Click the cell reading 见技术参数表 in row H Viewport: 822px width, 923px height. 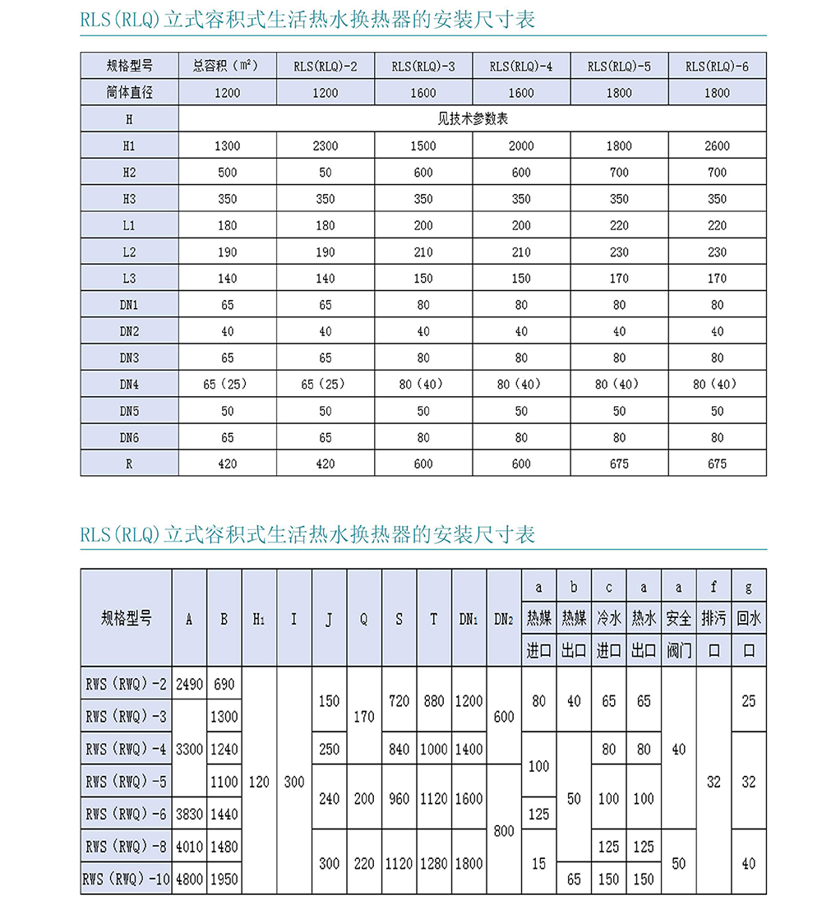[x=473, y=119]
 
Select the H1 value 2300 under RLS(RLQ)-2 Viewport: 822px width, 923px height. [x=326, y=146]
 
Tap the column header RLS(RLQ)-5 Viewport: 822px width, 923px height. [x=619, y=67]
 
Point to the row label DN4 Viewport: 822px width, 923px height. [x=129, y=384]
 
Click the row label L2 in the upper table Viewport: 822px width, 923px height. [x=129, y=252]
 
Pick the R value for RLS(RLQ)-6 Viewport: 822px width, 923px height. [x=717, y=464]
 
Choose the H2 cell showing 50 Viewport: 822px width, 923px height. [x=326, y=173]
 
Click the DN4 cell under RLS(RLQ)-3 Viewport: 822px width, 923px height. [x=423, y=384]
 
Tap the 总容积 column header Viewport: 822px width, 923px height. [x=227, y=67]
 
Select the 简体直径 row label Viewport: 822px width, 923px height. [x=129, y=93]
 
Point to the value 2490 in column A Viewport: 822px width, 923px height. [x=189, y=684]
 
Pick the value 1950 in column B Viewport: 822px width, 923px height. [x=224, y=879]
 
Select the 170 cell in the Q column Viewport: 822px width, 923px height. [x=364, y=716]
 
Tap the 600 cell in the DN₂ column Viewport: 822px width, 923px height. [x=504, y=716]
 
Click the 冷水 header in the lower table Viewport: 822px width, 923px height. [x=608, y=618]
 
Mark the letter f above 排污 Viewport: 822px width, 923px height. [x=713, y=588]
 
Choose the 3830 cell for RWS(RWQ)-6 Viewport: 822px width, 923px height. [x=189, y=814]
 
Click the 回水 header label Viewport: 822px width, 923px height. [x=749, y=618]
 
